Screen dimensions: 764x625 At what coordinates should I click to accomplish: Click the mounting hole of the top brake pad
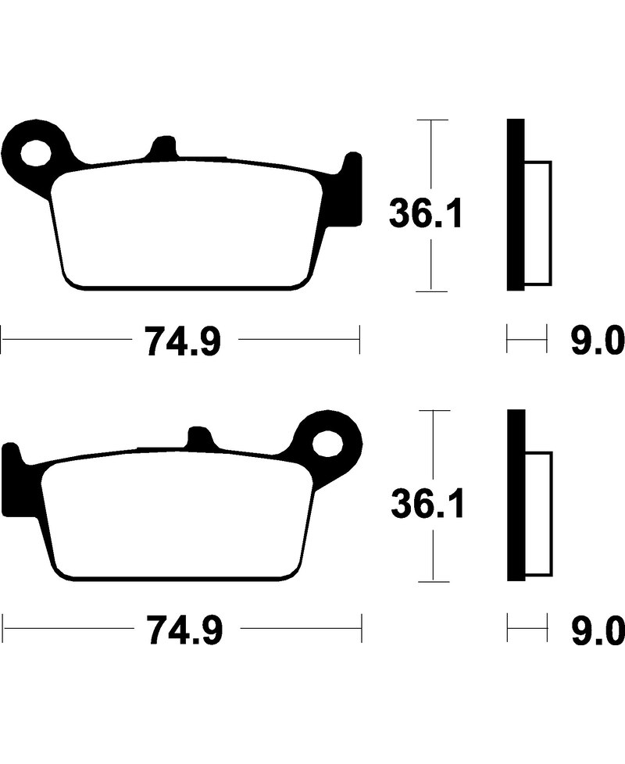pos(36,153)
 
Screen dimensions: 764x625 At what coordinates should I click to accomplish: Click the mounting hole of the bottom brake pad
pos(328,444)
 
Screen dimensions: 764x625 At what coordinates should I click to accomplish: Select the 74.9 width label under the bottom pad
pos(184,630)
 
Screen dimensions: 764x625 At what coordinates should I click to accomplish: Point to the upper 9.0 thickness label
pos(598,341)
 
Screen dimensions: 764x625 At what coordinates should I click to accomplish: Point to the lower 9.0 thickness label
pos(598,630)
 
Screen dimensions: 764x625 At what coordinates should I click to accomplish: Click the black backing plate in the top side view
pos(516,205)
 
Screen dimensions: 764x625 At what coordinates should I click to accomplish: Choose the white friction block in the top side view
pos(537,223)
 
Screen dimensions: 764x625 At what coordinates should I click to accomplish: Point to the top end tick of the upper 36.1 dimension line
pos(432,120)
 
